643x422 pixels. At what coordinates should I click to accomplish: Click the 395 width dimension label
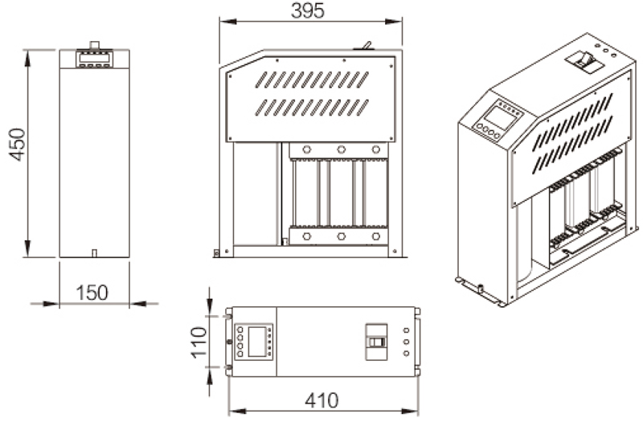point(308,10)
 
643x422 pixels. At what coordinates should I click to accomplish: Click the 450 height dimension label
point(18,145)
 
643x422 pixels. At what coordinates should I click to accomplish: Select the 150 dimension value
point(92,293)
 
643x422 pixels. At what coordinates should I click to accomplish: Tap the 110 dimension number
point(199,342)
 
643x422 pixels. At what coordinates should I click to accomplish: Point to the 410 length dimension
point(322,400)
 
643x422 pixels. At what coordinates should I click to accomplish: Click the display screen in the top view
point(257,342)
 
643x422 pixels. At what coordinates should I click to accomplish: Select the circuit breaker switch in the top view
point(376,342)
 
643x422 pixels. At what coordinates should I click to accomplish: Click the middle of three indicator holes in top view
point(406,342)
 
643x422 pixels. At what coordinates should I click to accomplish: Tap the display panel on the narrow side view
point(94,58)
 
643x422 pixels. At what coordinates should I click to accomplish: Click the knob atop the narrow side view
point(95,45)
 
